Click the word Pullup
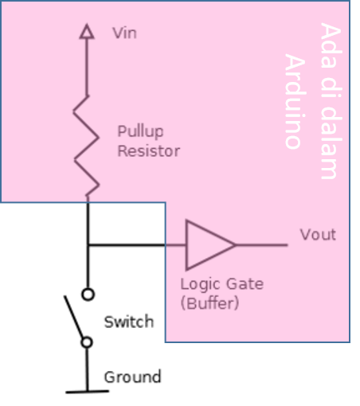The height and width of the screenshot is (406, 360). pyautogui.click(x=139, y=131)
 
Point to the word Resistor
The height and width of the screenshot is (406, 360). pyautogui.click(x=148, y=150)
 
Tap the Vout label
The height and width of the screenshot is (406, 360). pyautogui.click(x=317, y=235)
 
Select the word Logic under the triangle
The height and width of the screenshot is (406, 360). pyautogui.click(x=199, y=284)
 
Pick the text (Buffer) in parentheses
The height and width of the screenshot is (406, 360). pyautogui.click(x=210, y=303)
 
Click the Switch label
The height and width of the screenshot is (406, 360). pyautogui.click(x=129, y=322)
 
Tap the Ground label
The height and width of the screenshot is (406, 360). pyautogui.click(x=133, y=377)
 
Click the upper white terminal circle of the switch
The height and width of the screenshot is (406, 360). pyautogui.click(x=88, y=294)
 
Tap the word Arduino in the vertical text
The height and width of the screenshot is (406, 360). pyautogui.click(x=295, y=102)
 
